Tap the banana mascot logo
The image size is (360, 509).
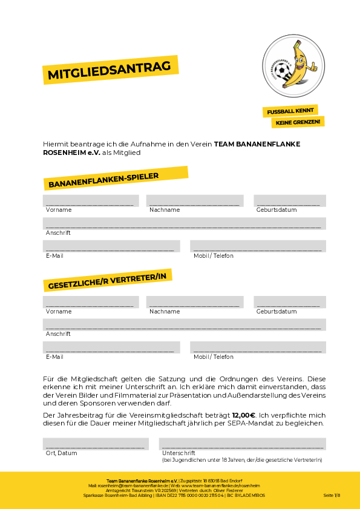[x=294, y=65]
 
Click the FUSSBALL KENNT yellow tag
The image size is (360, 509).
[x=290, y=111]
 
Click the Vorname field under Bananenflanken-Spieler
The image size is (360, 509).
[x=91, y=201]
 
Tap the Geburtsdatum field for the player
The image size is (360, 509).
[x=289, y=201]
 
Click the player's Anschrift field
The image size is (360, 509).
[x=184, y=223]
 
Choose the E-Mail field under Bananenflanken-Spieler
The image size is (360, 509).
[x=110, y=246]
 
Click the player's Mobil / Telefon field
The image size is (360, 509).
[x=258, y=246]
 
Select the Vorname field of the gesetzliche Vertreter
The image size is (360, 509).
[x=91, y=302]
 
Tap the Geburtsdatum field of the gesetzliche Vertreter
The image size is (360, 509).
[x=289, y=302]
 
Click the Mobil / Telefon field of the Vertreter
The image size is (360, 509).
[x=258, y=347]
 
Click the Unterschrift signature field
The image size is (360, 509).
[x=242, y=444]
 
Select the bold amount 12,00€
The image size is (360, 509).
[x=244, y=416]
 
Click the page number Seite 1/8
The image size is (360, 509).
[x=332, y=495]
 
